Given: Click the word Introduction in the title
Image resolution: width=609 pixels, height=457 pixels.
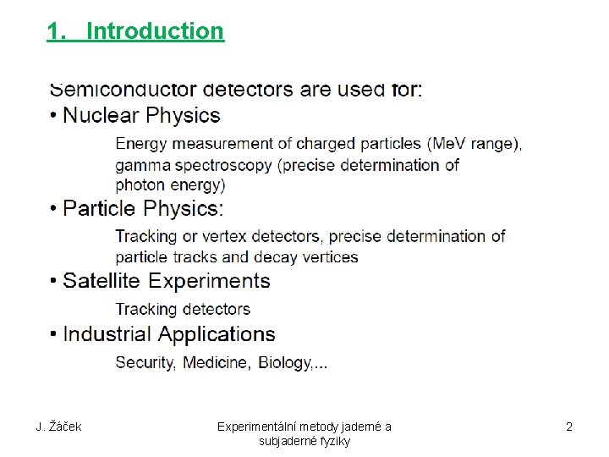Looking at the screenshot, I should [155, 31].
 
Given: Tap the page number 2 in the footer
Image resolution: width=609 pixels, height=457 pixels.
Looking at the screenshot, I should [569, 427].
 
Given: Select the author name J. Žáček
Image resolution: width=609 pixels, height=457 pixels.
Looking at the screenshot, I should [58, 427].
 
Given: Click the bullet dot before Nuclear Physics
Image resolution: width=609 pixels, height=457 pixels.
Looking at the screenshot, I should [54, 116].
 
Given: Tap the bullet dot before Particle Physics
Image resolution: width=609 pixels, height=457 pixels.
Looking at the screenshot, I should [54, 209].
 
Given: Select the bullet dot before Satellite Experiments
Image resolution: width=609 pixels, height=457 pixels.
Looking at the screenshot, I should [54, 281].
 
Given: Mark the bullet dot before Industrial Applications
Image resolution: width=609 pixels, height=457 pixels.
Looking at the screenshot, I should [54, 335].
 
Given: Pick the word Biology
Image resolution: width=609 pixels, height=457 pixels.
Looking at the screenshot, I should [285, 363].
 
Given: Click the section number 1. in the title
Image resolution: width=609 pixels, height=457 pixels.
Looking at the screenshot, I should [56, 31].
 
